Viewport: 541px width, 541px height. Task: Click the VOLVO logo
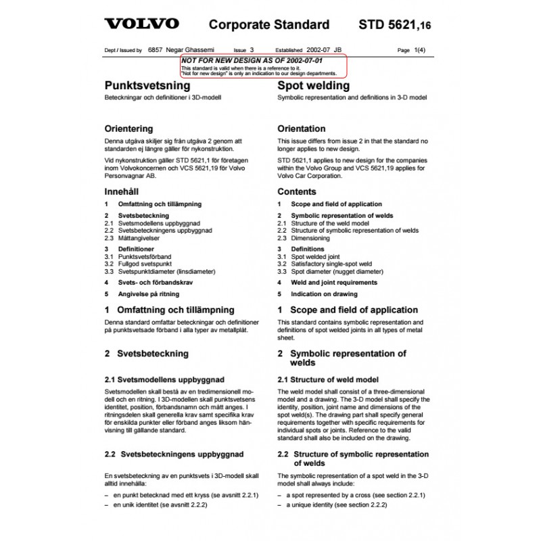[x=141, y=24]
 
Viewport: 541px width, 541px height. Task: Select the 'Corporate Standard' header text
[x=268, y=25]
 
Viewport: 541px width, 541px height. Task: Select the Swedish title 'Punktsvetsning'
[x=147, y=86]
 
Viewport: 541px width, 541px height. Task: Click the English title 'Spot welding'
[x=314, y=86]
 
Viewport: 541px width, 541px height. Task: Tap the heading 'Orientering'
[x=128, y=128]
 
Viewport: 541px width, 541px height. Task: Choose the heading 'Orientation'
[x=302, y=128]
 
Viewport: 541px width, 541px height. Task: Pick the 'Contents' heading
[x=296, y=191]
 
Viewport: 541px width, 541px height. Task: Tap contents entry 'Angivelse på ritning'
[x=151, y=295]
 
